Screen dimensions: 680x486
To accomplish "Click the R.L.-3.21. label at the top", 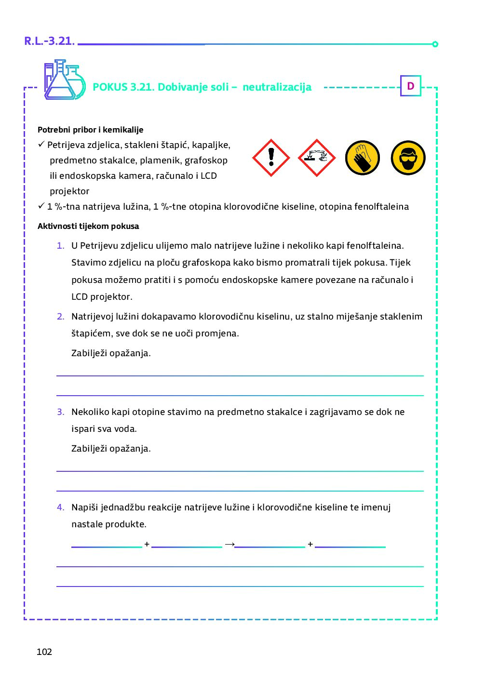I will pos(50,41).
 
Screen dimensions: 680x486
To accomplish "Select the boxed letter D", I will pos(411,86).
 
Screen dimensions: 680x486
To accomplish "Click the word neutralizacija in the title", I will pos(277,87).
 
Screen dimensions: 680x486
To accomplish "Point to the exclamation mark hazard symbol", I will pos(271,158).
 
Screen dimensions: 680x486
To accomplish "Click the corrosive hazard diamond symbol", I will pos(316,158).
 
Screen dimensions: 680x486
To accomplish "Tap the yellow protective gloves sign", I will pos(363,158).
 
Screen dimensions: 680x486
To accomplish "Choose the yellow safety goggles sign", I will pos(408,158).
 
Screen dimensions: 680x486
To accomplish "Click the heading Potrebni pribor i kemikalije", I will pos(90,130).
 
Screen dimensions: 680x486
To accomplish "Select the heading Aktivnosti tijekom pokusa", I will pos(88,226).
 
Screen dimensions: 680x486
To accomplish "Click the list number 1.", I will pos(60,246).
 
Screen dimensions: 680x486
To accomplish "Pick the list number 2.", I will pos(60,317).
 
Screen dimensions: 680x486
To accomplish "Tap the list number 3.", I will pos(60,412).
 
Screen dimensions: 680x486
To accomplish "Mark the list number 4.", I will pos(60,507).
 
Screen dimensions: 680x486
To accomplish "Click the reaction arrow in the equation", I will pos(229,544).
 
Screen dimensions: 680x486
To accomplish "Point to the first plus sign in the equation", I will pos(147,544).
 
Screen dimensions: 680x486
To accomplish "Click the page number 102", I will pos(44,652).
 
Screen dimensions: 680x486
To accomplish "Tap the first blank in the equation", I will pos(107,545).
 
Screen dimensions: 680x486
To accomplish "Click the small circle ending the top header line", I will pos(435,44).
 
